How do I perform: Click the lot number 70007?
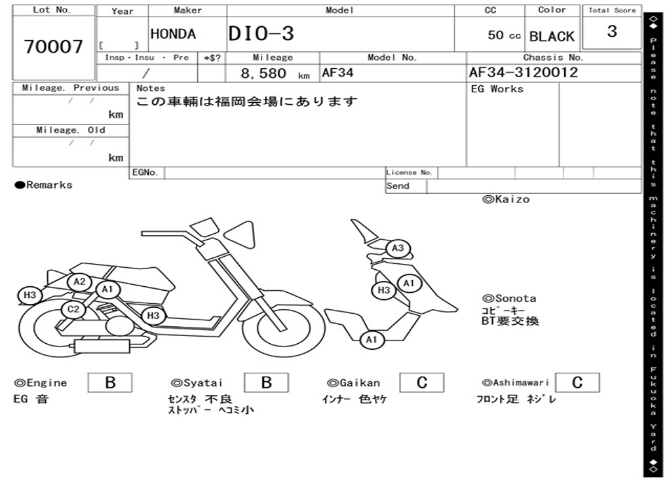tap(54, 47)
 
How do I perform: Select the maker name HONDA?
tap(173, 34)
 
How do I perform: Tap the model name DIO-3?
tap(261, 34)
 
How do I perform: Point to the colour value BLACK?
tap(552, 37)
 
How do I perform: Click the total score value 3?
tap(612, 31)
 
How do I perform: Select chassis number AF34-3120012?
tap(524, 72)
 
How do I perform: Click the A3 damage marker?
tap(398, 249)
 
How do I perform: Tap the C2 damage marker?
tap(73, 310)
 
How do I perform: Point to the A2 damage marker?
tap(79, 282)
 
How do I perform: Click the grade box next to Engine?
tap(110, 382)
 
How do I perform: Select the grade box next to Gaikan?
tap(422, 382)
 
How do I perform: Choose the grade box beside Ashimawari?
tap(577, 382)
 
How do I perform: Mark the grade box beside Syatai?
tap(266, 382)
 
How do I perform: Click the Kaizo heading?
tap(506, 199)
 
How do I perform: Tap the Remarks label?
tap(44, 185)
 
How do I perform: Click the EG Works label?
tap(497, 89)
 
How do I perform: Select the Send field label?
tap(398, 186)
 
